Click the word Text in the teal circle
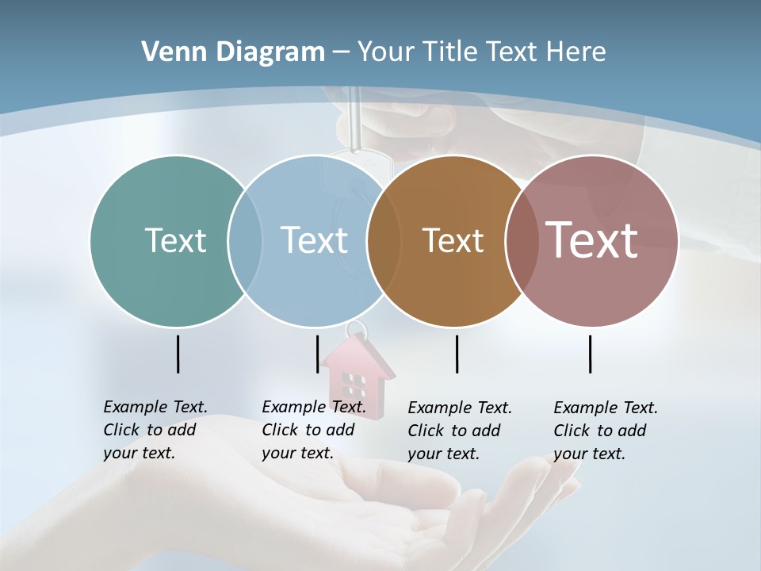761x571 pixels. click(175, 240)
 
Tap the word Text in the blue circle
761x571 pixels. click(314, 240)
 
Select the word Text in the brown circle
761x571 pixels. click(453, 240)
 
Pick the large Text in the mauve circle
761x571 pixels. click(592, 240)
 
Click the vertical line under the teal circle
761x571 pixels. click(178, 354)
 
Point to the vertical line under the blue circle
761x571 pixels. click(317, 354)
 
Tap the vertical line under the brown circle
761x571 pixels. click(457, 354)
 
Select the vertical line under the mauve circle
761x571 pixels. click(590, 354)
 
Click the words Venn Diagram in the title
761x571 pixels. click(233, 52)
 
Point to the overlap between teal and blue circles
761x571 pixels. click(245, 240)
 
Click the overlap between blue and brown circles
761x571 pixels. click(384, 240)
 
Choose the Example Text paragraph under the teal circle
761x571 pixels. click(155, 430)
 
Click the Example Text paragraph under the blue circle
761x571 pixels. click(313, 430)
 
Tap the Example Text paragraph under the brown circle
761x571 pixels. click(459, 431)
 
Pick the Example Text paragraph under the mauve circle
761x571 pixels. click(605, 431)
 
